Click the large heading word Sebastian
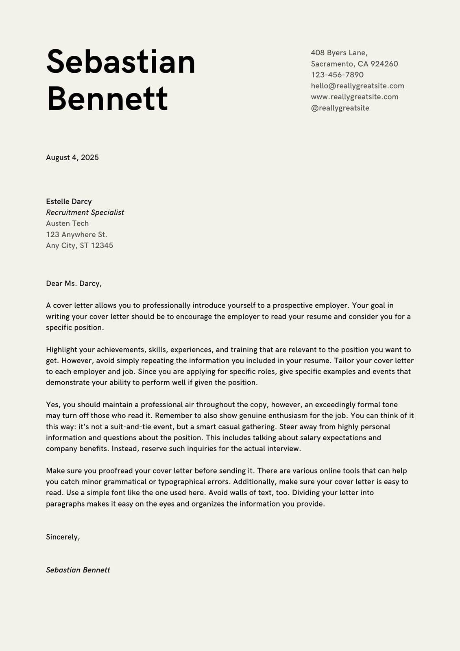point(121,62)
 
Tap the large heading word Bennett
point(107,99)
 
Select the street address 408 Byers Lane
point(339,53)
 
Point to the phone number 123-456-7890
point(337,75)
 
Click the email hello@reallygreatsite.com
point(357,86)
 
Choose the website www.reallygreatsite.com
point(354,97)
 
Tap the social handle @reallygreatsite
point(340,108)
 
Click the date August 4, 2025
point(72,157)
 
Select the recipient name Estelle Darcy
point(69,201)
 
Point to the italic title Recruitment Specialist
point(85,212)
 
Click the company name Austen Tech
point(67,223)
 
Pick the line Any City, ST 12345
point(79,245)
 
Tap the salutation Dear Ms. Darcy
point(74,284)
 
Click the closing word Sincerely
point(63,537)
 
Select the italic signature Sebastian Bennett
point(78,570)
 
